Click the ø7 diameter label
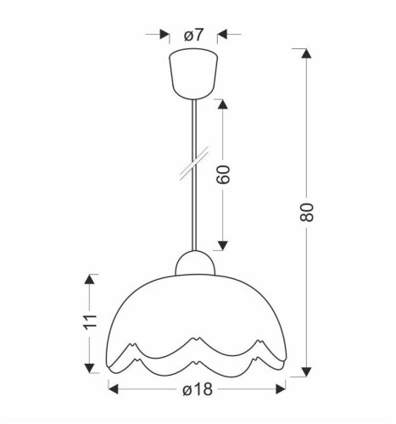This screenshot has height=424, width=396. coord(194,36)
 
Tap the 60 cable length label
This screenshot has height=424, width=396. coord(224,175)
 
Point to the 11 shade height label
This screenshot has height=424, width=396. coord(92,323)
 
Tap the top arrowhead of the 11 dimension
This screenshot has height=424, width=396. coord(92,279)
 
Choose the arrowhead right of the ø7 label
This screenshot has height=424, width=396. coord(224,36)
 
